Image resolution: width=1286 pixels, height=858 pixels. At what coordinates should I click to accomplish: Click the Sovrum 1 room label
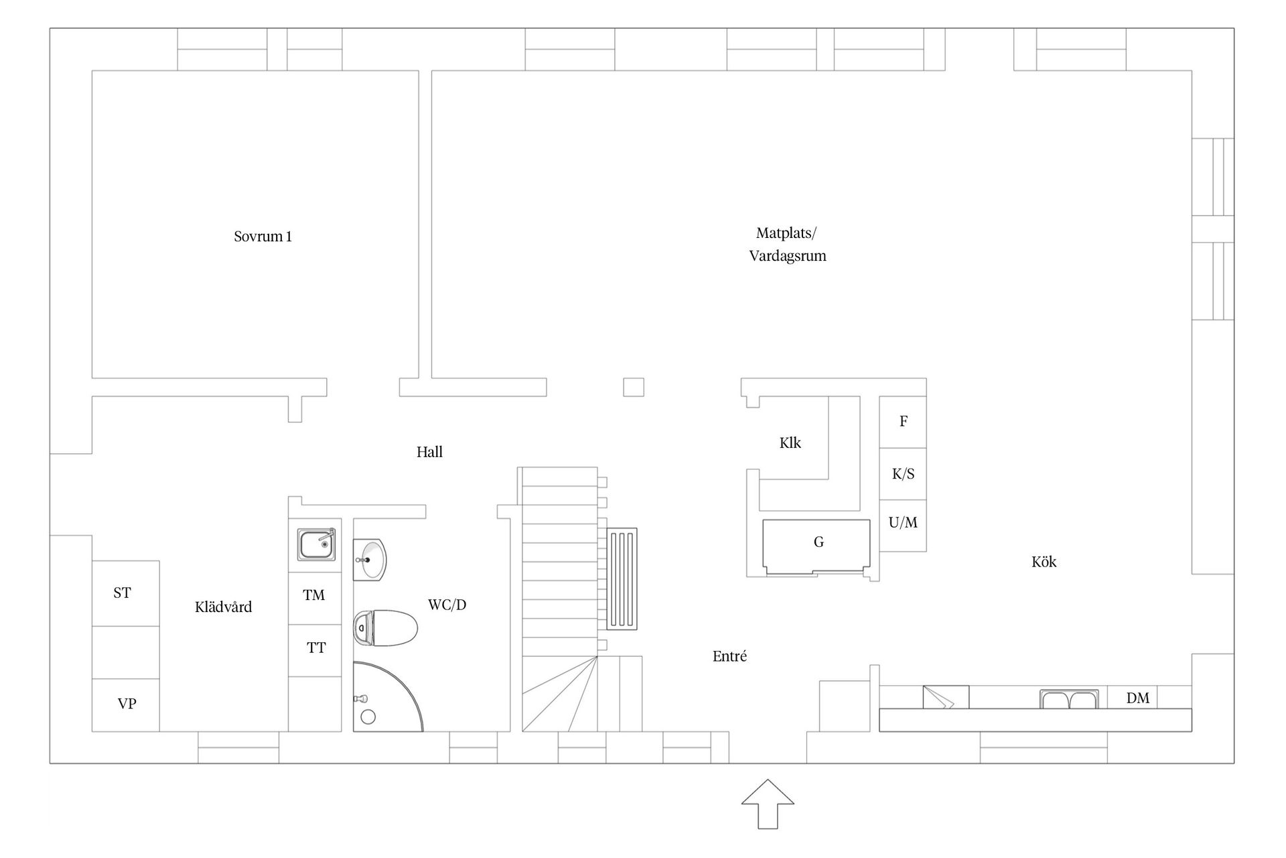pyautogui.click(x=263, y=237)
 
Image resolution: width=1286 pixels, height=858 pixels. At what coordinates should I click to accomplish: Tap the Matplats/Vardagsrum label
pyautogui.click(x=788, y=245)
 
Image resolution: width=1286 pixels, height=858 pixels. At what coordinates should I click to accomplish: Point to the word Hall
pyautogui.click(x=429, y=452)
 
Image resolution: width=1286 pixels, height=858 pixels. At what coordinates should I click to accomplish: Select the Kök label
pyautogui.click(x=1044, y=562)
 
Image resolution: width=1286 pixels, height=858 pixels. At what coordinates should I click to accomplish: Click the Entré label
pyautogui.click(x=729, y=656)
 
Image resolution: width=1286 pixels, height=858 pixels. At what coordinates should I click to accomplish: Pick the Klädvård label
pyautogui.click(x=223, y=607)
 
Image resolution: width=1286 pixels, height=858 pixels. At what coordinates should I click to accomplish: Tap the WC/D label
pyautogui.click(x=447, y=605)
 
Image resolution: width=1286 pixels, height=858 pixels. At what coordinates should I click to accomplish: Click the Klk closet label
pyautogui.click(x=790, y=443)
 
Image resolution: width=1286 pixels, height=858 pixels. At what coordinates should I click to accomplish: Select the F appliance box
pyautogui.click(x=903, y=422)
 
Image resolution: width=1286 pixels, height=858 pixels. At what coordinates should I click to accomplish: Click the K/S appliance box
pyautogui.click(x=903, y=474)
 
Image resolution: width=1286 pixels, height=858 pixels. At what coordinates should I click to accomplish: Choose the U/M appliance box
pyautogui.click(x=903, y=526)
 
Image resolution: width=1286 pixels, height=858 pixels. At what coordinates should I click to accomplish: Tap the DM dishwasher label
pyautogui.click(x=1137, y=698)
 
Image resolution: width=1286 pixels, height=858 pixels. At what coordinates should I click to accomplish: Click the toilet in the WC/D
pyautogui.click(x=385, y=628)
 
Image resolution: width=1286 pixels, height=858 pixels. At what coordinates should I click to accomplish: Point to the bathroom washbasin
pyautogui.click(x=370, y=559)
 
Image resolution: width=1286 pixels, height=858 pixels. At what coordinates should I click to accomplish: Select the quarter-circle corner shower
pyautogui.click(x=388, y=696)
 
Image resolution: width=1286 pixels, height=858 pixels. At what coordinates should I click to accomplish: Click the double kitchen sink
pyautogui.click(x=1068, y=699)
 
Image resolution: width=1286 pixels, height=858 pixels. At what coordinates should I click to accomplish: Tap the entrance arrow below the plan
pyautogui.click(x=768, y=804)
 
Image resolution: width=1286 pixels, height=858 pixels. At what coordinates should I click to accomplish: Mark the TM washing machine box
pyautogui.click(x=315, y=598)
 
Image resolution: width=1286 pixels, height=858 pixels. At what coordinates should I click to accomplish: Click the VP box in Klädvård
pyautogui.click(x=126, y=704)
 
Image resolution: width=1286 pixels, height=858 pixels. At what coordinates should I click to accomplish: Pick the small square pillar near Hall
pyautogui.click(x=634, y=387)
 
